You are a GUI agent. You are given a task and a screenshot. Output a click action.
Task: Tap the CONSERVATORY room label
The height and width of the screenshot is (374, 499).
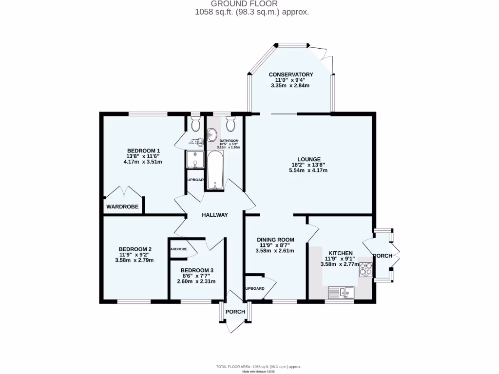(290, 75)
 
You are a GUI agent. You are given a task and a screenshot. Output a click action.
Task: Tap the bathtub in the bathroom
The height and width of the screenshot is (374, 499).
(215, 170)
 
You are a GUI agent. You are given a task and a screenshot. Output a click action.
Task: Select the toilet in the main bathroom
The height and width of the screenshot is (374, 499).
(231, 124)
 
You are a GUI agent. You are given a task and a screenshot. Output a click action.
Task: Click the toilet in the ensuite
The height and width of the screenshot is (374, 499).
(195, 124)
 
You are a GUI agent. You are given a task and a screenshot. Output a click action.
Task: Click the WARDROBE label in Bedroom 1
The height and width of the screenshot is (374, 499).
(122, 207)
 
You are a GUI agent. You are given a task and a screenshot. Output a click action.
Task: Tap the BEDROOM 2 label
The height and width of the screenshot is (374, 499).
(134, 248)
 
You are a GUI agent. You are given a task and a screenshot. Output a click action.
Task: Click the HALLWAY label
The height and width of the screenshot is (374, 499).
(215, 215)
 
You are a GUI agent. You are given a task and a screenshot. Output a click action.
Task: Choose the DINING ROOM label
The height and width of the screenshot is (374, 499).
(275, 240)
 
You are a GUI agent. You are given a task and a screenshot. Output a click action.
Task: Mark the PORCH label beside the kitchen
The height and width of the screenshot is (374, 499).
(383, 256)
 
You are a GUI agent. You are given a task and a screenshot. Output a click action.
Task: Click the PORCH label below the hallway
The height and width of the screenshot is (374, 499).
(235, 312)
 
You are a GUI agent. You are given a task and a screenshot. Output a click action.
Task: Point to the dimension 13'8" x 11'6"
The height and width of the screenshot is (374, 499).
(144, 156)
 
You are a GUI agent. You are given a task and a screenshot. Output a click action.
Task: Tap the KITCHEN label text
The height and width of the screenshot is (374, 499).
(341, 253)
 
